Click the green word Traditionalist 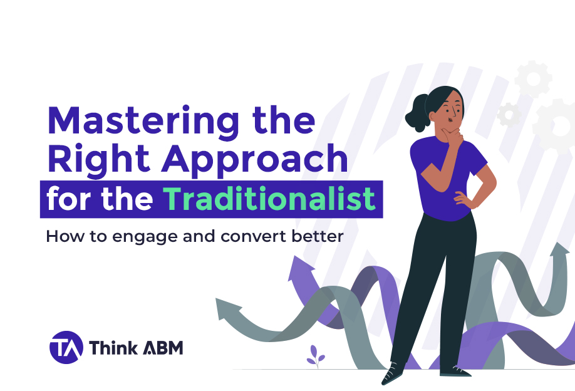pyautogui.click(x=269, y=199)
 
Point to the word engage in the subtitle pyautogui.click(x=145, y=237)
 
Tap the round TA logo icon pyautogui.click(x=66, y=347)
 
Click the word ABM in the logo pyautogui.click(x=163, y=348)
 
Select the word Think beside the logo pyautogui.click(x=113, y=347)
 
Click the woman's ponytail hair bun pyautogui.click(x=417, y=113)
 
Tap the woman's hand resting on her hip pyautogui.click(x=464, y=200)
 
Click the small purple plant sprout pyautogui.click(x=315, y=356)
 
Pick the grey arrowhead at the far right pyautogui.click(x=559, y=250)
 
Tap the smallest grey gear pyautogui.click(x=509, y=115)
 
